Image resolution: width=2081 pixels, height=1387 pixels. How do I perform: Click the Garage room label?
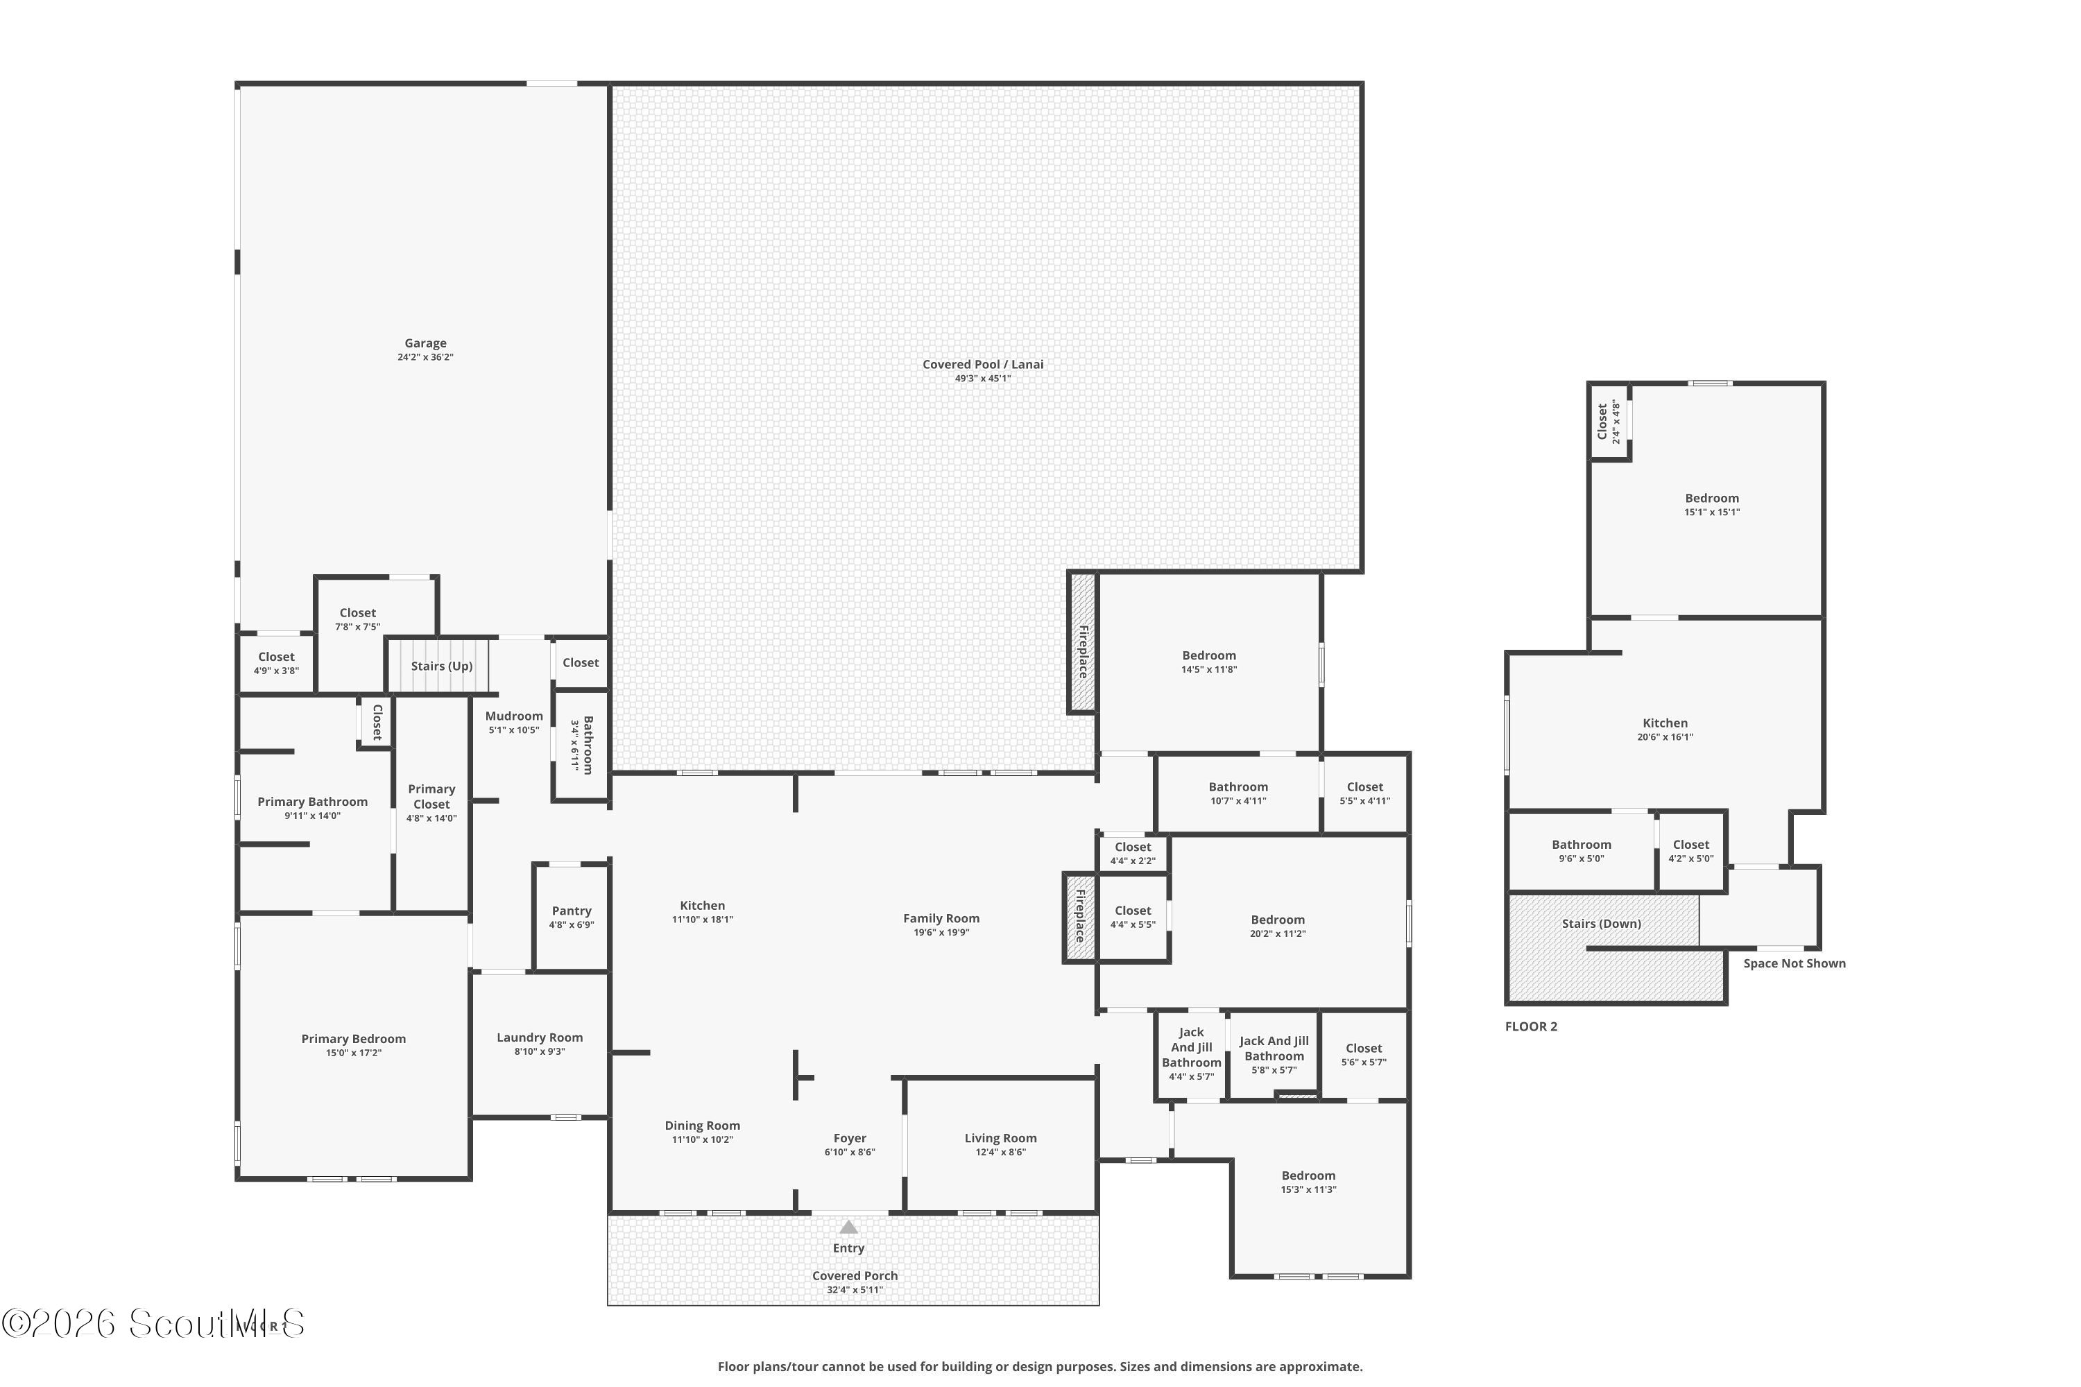point(426,343)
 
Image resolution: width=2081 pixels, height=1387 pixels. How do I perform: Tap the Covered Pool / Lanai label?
point(983,365)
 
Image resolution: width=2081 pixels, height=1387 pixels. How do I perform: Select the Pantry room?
point(572,918)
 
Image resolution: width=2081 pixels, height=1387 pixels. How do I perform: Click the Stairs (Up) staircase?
point(439,666)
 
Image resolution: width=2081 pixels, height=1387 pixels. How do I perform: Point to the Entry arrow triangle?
point(848,1227)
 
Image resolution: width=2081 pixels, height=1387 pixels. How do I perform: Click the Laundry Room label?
point(540,1037)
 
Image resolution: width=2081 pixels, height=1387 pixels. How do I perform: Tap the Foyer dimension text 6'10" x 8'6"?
point(850,1153)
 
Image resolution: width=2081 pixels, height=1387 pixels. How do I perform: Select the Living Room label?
point(1001,1139)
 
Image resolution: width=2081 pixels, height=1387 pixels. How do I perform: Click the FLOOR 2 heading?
point(1532,1026)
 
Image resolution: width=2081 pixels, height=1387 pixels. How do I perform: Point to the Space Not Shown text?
point(1795,963)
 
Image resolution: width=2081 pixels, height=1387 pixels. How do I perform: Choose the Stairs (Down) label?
point(1602,924)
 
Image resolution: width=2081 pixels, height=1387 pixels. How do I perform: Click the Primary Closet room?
point(431,803)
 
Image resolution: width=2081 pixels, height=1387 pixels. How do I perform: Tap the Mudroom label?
point(514,716)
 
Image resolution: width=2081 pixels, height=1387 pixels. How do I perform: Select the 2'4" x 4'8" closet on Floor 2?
point(1609,421)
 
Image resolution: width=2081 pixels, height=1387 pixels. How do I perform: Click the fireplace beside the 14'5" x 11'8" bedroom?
point(1082,641)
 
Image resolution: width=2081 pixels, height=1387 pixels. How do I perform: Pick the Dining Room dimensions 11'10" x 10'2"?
point(703,1139)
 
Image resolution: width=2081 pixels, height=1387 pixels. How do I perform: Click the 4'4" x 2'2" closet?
point(1133,854)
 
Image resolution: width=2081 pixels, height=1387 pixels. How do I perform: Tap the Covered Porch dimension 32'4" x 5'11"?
point(855,1290)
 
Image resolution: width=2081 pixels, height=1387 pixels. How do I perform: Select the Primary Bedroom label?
point(354,1040)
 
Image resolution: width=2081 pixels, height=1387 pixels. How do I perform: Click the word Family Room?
point(941,918)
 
